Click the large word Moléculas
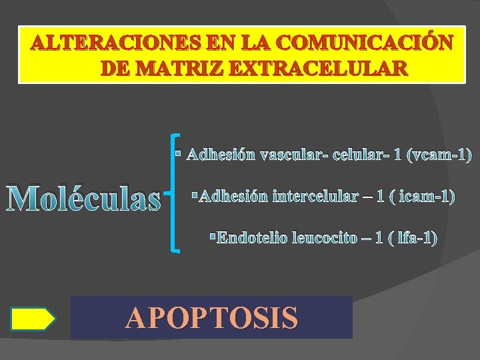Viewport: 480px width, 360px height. click(x=84, y=199)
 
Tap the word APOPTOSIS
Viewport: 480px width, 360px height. click(x=211, y=318)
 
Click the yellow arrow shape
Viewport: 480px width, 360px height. click(x=33, y=319)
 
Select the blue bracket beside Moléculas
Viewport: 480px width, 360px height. click(x=175, y=193)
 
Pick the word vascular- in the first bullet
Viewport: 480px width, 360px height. click(x=292, y=155)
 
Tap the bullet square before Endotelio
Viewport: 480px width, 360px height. click(x=212, y=236)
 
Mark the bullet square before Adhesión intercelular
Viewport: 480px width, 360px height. click(x=194, y=195)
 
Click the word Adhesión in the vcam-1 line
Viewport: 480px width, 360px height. click(x=221, y=155)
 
